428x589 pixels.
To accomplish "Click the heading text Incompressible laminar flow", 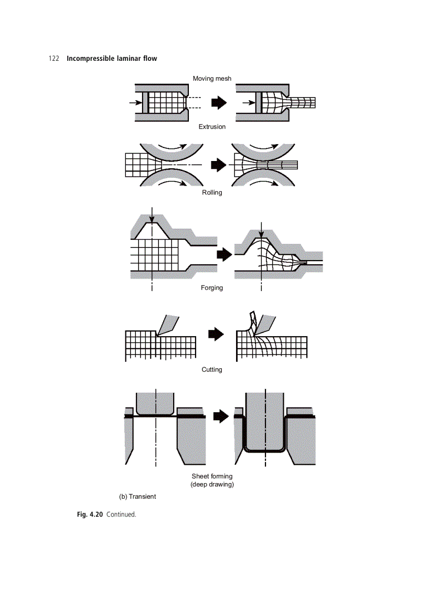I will [x=112, y=58].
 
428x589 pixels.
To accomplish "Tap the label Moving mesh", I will [x=212, y=79].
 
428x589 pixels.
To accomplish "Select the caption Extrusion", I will [x=212, y=127].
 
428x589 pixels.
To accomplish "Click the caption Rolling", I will [x=212, y=192].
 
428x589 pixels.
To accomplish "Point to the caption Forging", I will [x=212, y=288].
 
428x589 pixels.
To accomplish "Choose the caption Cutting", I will [x=212, y=370].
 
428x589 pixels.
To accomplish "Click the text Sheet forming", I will [x=212, y=476].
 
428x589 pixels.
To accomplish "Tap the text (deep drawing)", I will [x=212, y=484].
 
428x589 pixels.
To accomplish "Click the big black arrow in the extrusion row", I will [x=219, y=103].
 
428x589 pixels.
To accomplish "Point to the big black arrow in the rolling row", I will [x=217, y=165].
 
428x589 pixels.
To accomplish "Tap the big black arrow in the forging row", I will [x=223, y=255].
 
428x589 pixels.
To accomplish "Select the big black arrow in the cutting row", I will [x=216, y=334].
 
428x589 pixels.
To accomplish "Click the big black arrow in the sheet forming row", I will [x=222, y=416].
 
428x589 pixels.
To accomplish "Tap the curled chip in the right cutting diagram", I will [x=253, y=323].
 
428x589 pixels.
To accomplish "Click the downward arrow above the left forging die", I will [x=151, y=214].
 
